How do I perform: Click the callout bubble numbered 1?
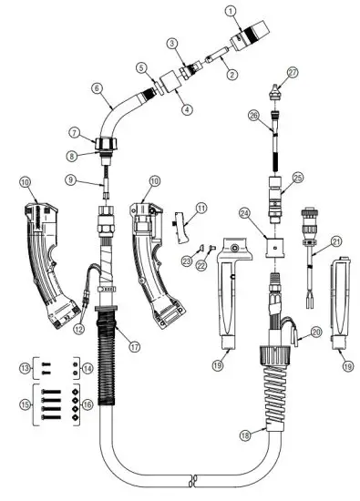point(231,11)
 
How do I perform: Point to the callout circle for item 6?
point(97,88)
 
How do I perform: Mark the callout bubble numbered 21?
point(336,241)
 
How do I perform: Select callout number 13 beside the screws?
point(26,365)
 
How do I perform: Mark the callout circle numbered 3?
point(170,44)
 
